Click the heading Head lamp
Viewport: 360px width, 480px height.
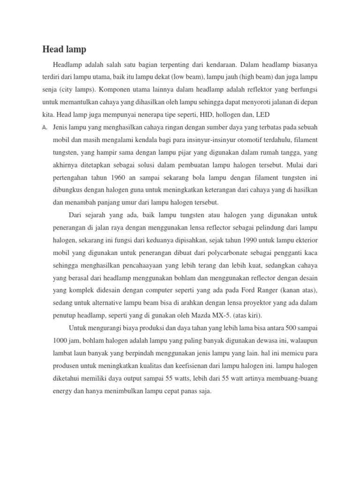tap(64, 49)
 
